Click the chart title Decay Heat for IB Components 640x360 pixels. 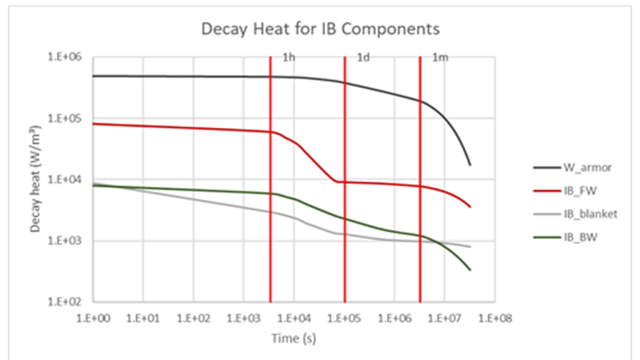click(320, 29)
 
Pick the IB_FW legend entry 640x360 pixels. click(580, 191)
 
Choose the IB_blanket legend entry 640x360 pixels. click(590, 214)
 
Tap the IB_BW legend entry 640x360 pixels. click(580, 237)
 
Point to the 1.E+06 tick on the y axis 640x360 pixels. click(65, 57)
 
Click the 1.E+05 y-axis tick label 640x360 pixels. click(65, 118)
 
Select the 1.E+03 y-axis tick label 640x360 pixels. click(65, 241)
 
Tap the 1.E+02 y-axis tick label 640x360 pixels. click(65, 302)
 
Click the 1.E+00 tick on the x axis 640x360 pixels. click(93, 319)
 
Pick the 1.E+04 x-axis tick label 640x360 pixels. click(294, 319)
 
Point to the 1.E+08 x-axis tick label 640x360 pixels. click(495, 319)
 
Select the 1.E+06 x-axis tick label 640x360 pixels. click(394, 319)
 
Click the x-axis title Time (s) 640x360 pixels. click(294, 338)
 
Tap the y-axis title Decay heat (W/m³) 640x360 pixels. click(35, 179)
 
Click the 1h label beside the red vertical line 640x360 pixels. click(289, 57)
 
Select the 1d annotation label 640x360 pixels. click(363, 57)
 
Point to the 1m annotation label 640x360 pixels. click(440, 57)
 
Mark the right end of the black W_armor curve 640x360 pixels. click(470, 165)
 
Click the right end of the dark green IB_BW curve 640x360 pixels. click(470, 270)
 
